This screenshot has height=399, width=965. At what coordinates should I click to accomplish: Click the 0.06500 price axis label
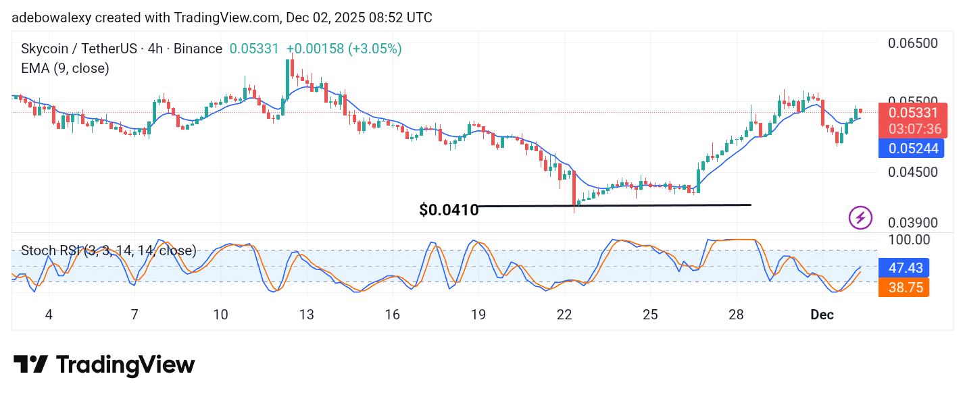[912, 43]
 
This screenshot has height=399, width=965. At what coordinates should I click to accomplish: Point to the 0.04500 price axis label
[912, 172]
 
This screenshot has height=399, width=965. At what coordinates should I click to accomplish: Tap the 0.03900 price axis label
[912, 223]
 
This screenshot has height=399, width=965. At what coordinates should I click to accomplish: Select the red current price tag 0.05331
[912, 113]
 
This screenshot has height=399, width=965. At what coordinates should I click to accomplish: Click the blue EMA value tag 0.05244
[912, 149]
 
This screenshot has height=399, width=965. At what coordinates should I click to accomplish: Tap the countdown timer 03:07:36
[912, 129]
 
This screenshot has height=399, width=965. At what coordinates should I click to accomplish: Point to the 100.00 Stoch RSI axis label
[909, 240]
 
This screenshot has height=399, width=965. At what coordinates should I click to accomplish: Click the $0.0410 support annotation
[449, 210]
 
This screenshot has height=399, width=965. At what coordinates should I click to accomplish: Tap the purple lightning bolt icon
[860, 217]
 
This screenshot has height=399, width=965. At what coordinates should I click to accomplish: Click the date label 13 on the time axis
[306, 315]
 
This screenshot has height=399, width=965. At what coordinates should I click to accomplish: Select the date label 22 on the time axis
[564, 315]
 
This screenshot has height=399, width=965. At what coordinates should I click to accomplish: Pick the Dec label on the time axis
[822, 315]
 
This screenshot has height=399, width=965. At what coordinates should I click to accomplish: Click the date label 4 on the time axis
[48, 315]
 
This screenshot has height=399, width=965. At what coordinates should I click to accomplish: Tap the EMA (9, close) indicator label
[65, 68]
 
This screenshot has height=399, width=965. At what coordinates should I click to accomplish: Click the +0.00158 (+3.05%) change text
[344, 49]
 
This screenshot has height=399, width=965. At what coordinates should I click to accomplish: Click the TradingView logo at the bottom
[105, 365]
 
